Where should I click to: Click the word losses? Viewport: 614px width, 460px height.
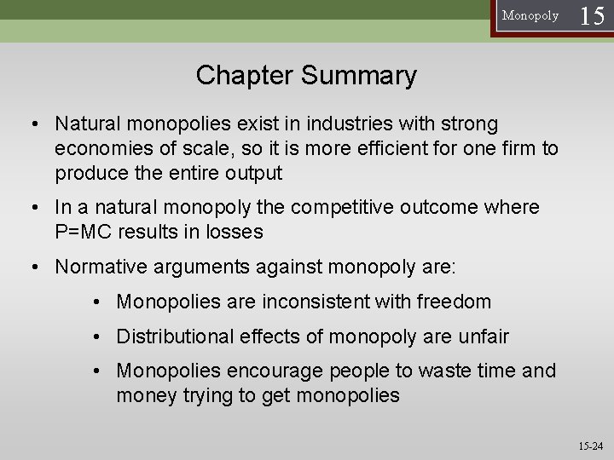pos(258,233)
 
